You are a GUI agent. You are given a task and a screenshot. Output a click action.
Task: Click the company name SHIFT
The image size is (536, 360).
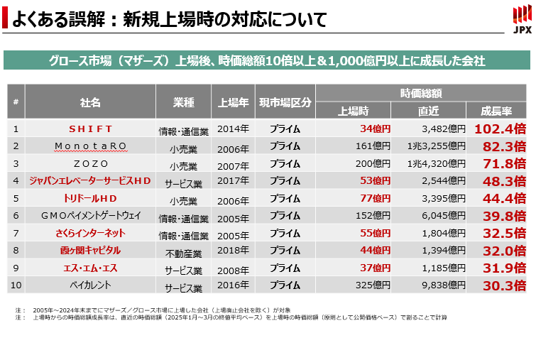[x=90, y=129]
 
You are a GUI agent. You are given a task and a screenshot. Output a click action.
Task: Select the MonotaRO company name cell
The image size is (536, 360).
[x=90, y=146]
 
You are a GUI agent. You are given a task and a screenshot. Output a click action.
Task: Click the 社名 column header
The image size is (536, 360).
[x=90, y=102]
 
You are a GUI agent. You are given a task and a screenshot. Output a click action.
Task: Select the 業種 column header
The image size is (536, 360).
[x=184, y=102]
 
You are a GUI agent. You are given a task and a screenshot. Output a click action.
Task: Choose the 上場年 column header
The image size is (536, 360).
[x=234, y=102]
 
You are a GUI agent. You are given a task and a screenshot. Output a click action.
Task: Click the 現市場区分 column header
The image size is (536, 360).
[x=285, y=102]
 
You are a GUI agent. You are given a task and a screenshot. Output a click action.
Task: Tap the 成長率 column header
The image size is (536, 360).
[x=496, y=111]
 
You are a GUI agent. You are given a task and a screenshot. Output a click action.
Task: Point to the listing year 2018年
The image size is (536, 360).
[x=234, y=251]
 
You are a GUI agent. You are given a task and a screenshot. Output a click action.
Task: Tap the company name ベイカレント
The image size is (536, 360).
[x=90, y=286]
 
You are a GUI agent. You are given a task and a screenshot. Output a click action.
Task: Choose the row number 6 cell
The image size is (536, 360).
[x=16, y=216]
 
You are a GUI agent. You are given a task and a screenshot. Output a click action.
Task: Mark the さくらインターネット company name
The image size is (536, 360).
[x=90, y=234]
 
